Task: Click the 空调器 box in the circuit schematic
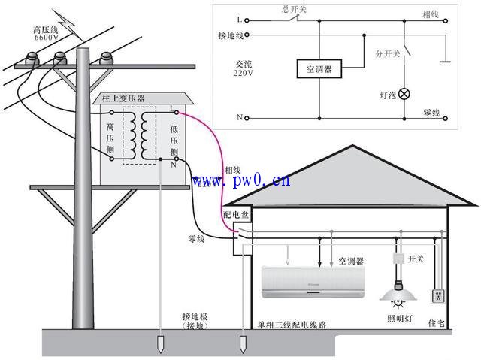(319, 70)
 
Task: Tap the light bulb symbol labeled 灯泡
(404, 94)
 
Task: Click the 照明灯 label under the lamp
(399, 319)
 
